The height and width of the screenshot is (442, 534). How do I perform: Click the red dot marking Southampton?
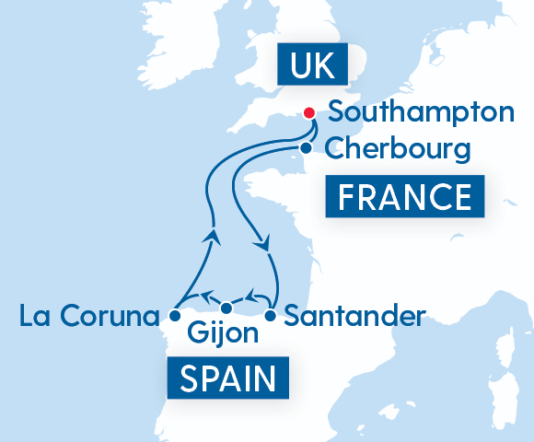pyautogui.click(x=309, y=113)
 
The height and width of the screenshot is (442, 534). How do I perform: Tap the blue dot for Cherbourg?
pyautogui.click(x=305, y=147)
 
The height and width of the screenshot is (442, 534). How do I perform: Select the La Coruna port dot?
pyautogui.click(x=175, y=316)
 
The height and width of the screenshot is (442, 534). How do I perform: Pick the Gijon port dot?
pyautogui.click(x=226, y=308)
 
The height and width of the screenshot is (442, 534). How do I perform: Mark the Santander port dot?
pyautogui.click(x=271, y=316)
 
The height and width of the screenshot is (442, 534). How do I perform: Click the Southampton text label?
pyautogui.click(x=421, y=113)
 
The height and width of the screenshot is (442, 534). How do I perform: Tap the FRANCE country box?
pyautogui.click(x=405, y=197)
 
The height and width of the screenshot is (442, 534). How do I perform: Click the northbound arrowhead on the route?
pyautogui.click(x=214, y=238)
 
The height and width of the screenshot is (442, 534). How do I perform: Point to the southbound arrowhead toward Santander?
pyautogui.click(x=264, y=246)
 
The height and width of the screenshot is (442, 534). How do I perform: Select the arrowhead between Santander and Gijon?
pyautogui.click(x=250, y=298)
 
